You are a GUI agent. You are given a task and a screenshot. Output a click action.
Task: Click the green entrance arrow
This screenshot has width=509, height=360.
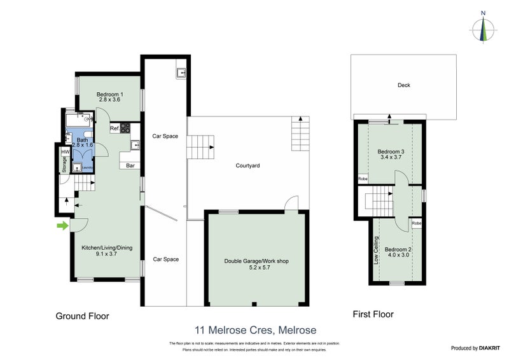tap(62, 225)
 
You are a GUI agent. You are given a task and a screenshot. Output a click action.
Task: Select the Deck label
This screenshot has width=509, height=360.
tap(403, 85)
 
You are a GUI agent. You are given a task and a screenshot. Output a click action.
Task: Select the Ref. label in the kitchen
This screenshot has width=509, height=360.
tap(115, 129)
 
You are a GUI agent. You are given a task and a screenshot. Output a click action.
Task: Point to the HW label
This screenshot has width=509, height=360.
tap(65, 153)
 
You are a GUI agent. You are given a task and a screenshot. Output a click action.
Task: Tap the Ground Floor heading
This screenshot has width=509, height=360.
tap(82, 315)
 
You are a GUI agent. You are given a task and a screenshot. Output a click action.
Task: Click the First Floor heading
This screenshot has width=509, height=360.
tap(373, 314)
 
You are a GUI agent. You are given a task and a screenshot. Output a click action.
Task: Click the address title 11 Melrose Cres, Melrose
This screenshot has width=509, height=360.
tap(254, 330)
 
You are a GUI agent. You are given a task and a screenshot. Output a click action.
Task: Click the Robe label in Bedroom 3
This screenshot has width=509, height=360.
tap(363, 179)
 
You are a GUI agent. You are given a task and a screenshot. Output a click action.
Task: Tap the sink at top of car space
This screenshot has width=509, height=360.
tap(181, 73)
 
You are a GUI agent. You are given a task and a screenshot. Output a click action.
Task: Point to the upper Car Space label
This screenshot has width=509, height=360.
tap(164, 136)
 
